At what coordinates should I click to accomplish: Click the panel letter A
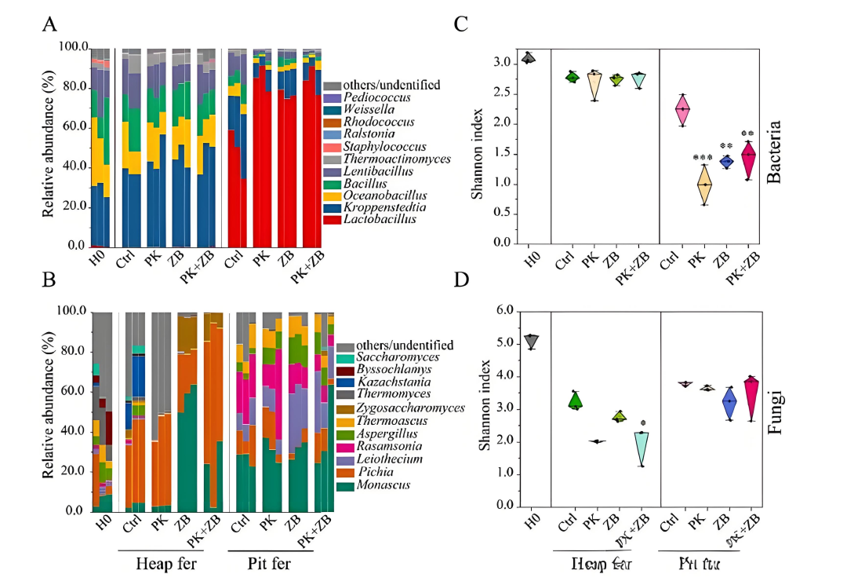49,24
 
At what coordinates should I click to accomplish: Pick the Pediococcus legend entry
375,97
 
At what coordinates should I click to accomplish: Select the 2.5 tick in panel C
506,93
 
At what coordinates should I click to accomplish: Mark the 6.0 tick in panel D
503,311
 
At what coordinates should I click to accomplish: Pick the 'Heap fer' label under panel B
166,564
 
